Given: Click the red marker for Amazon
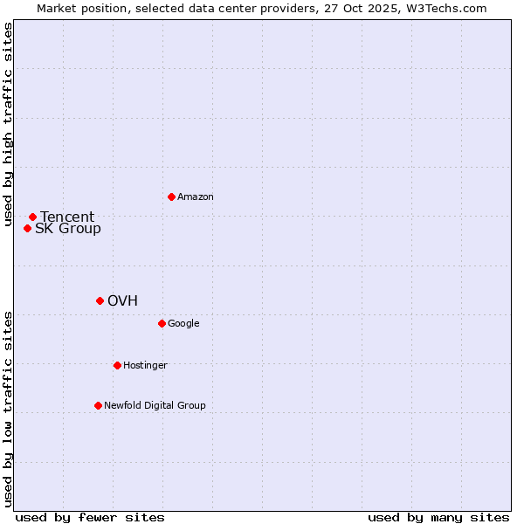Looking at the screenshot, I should (x=171, y=196).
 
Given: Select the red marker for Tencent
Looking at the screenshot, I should (x=32, y=217).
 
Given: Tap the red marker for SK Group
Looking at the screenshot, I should (x=27, y=228).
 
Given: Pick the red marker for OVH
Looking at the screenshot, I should (x=100, y=300).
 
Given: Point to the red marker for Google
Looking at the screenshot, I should (x=162, y=323).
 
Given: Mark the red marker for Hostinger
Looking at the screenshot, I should (x=117, y=365).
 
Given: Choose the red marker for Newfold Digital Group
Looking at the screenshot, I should (x=98, y=405).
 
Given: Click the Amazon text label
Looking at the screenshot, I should (x=196, y=197).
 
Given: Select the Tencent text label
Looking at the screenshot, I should (x=67, y=217).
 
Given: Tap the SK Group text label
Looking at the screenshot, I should (x=68, y=229).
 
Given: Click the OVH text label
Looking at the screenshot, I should (x=123, y=301).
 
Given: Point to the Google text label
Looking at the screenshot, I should (x=183, y=324).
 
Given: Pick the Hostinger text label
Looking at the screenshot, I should (x=145, y=366).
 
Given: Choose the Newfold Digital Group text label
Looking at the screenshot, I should (x=155, y=406).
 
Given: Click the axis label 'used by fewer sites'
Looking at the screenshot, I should (x=90, y=517).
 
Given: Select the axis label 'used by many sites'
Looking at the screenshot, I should (x=438, y=517).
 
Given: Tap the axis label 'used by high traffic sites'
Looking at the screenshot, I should (x=8, y=125).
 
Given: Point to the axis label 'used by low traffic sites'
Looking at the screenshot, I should (x=8, y=409).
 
